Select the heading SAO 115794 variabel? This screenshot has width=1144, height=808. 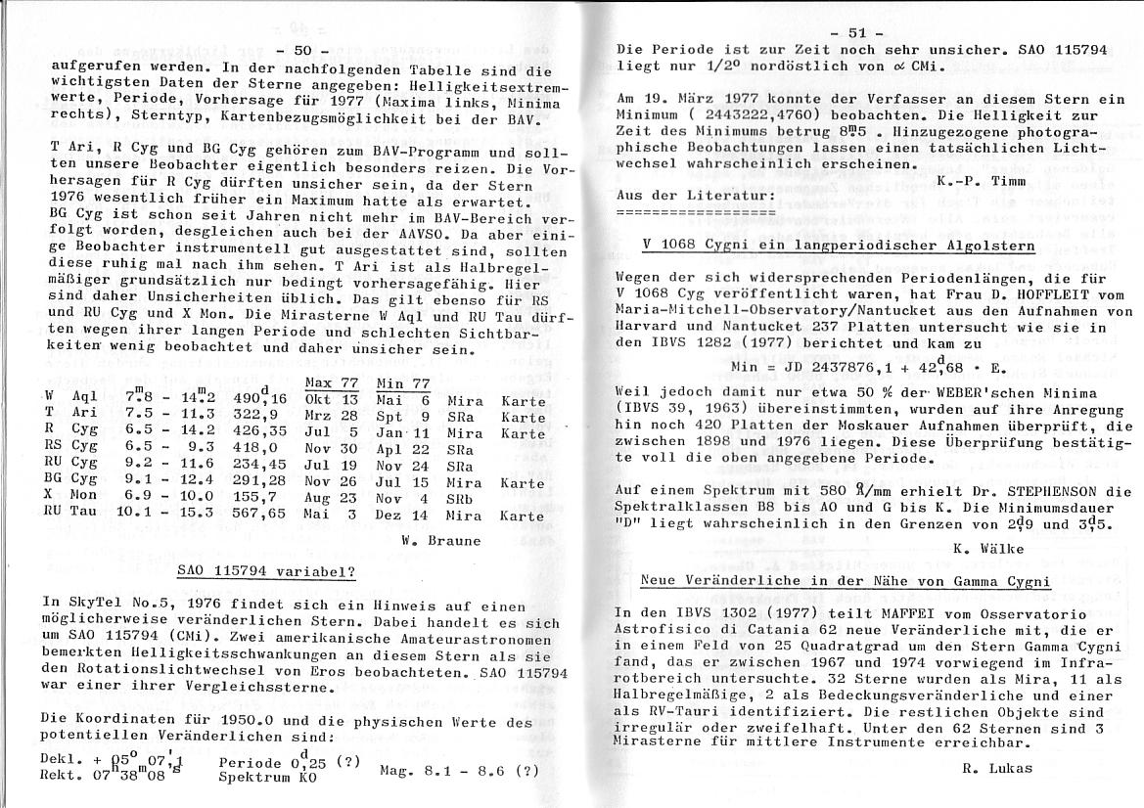tap(265, 570)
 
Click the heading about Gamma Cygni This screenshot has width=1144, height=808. tap(846, 580)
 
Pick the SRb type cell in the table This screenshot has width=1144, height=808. tap(460, 499)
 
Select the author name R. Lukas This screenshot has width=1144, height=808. tap(996, 767)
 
